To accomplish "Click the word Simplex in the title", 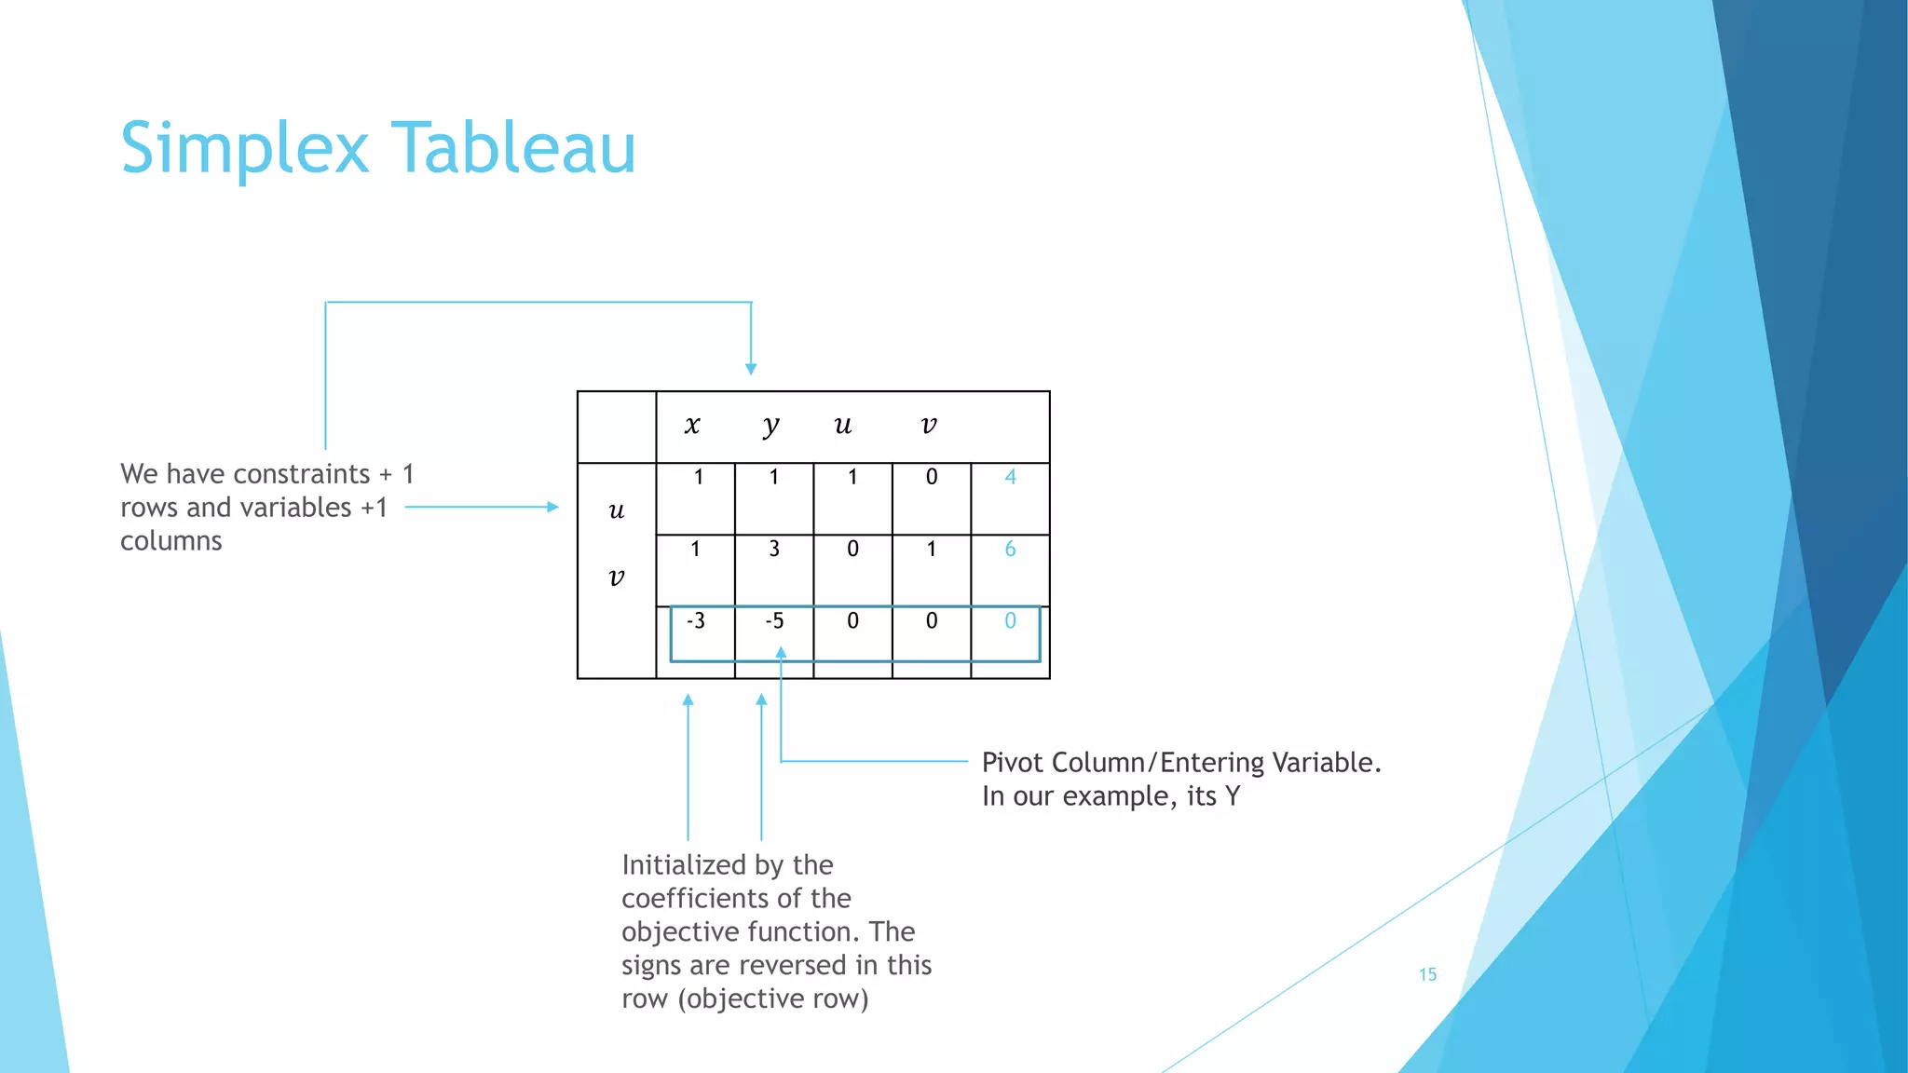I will tap(245, 149).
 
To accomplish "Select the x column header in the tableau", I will tap(692, 426).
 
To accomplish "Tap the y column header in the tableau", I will tap(770, 427).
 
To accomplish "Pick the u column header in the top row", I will tap(843, 426).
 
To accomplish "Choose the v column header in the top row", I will tap(929, 426).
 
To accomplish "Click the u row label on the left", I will tap(617, 510).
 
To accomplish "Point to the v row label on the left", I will tap(617, 577).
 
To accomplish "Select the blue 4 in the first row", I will tap(1011, 477).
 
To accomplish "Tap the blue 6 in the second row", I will tap(1011, 549).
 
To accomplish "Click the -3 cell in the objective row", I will tap(696, 620).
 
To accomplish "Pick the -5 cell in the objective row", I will tap(774, 620).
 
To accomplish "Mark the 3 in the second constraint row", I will tap(774, 549).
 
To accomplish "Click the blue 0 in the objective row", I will tap(1011, 620).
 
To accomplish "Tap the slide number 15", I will tap(1427, 974).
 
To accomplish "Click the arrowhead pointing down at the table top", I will tap(751, 369).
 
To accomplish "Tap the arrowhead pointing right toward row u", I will tap(552, 507).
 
